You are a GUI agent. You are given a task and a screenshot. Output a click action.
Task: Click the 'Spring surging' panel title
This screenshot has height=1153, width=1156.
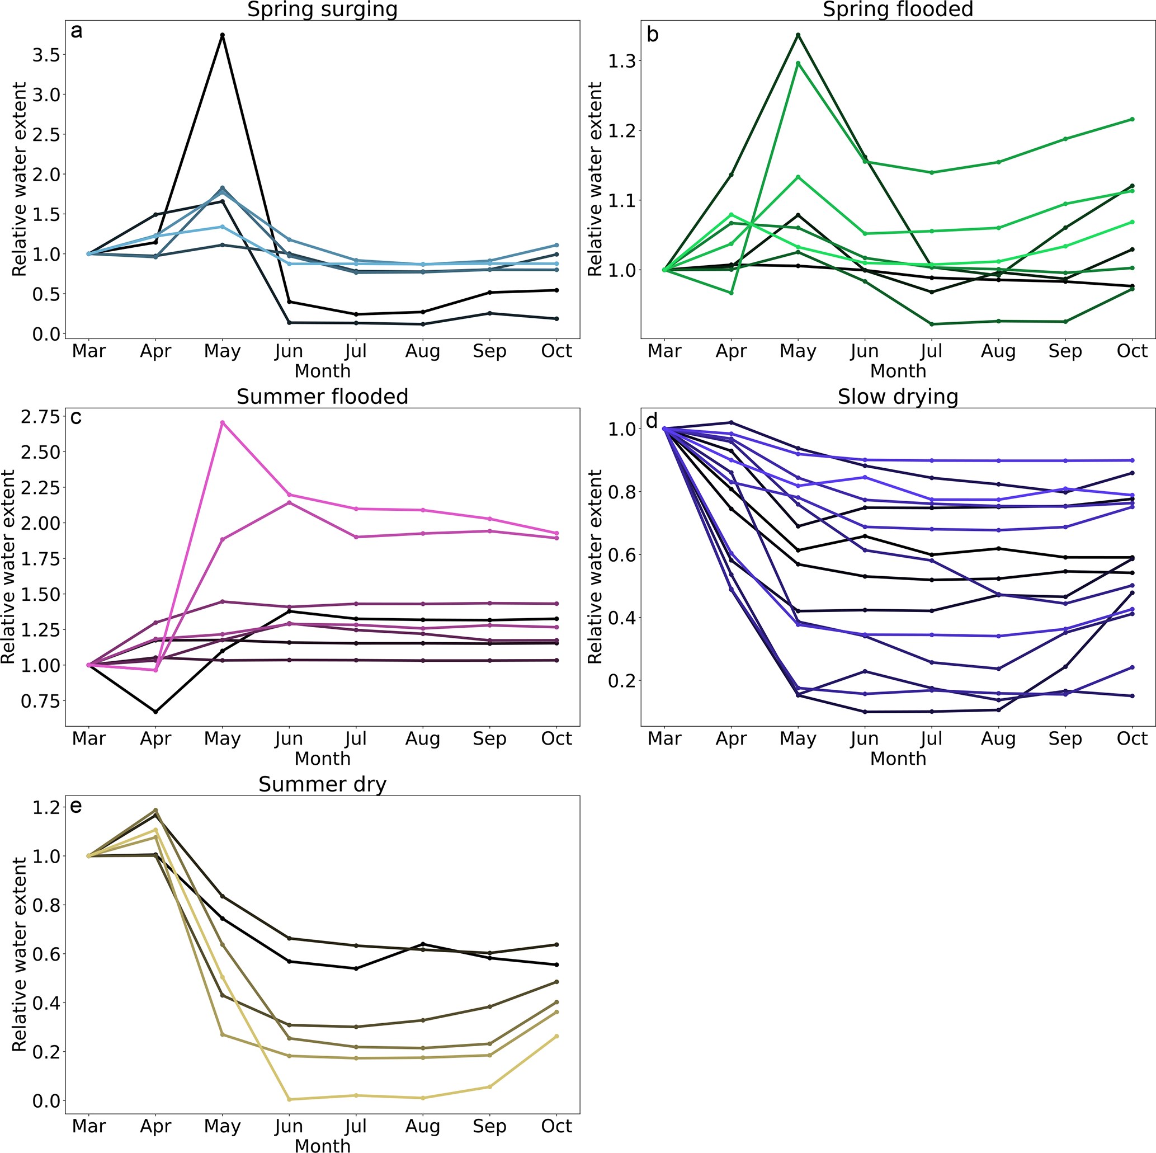point(322,10)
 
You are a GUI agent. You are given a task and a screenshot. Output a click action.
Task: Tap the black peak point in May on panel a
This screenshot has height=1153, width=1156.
point(223,35)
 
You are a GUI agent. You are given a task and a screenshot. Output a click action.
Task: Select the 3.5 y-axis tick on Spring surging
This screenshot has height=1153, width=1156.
point(48,55)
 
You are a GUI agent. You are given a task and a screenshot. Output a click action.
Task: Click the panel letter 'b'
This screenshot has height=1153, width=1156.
point(653,35)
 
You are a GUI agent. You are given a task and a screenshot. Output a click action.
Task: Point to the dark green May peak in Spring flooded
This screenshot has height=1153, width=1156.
point(798,35)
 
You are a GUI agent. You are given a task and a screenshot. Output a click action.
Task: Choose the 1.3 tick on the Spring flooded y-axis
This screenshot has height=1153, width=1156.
point(622,61)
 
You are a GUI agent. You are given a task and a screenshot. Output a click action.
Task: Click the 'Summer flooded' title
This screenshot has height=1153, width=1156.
point(322,397)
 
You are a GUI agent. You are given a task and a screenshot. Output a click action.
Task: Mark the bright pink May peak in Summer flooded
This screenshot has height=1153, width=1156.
point(223,422)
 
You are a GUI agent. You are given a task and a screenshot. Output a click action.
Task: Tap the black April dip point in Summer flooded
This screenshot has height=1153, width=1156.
point(155,712)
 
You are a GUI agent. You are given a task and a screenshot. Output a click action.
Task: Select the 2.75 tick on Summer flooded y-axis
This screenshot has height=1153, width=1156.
point(41,417)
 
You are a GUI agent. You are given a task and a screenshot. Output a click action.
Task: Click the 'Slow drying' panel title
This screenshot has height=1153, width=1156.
point(898,397)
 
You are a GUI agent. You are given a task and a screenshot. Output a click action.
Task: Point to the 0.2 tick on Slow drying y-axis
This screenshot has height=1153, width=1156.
point(622,681)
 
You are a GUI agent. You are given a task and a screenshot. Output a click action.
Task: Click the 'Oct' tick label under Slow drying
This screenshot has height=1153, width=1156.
point(1131,738)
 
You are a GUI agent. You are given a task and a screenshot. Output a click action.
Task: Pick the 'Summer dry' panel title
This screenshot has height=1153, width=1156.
point(322,784)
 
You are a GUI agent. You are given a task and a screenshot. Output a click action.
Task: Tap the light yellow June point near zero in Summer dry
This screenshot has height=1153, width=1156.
point(289,1099)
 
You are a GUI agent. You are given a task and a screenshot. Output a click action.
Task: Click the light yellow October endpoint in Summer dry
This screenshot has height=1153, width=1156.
point(556,1036)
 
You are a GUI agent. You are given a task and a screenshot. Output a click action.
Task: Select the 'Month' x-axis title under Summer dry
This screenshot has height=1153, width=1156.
point(322,1145)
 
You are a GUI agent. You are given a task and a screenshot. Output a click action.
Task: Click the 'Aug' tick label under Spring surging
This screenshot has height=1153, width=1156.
point(422,351)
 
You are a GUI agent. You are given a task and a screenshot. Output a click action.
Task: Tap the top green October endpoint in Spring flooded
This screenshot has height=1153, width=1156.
point(1131,119)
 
